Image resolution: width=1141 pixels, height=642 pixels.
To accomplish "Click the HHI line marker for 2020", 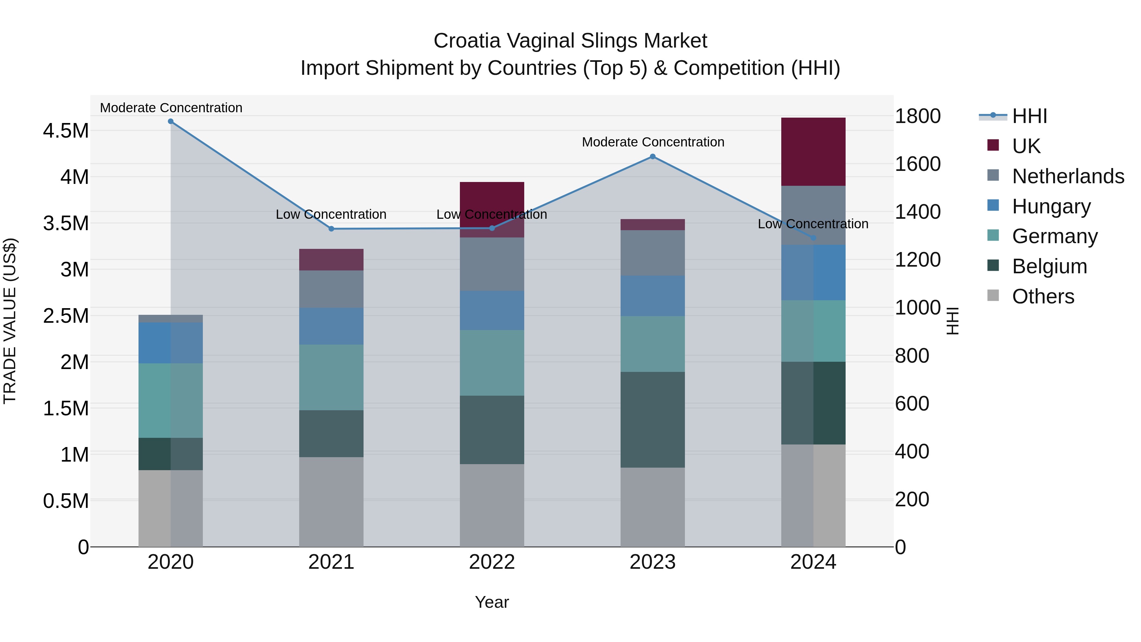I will [171, 121].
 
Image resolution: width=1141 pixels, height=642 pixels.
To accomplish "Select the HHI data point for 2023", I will [653, 156].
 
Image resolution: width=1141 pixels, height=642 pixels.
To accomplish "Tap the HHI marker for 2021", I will [331, 229].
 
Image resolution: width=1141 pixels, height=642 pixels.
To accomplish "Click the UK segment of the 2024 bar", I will [813, 152].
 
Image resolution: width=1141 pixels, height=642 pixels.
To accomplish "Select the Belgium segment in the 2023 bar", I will [653, 419].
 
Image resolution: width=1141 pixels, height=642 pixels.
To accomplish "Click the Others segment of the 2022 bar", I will [492, 505].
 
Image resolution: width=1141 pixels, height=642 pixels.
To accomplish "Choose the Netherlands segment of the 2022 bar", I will [492, 264].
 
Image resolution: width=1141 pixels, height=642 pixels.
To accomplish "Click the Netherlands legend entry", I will [1067, 176].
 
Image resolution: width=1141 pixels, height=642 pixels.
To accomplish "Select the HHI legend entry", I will [1029, 116].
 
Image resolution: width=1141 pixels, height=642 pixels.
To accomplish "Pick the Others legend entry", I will [1043, 296].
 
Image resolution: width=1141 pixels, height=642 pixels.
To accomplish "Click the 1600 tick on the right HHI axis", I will [917, 164].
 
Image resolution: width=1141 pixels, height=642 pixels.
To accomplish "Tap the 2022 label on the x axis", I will [492, 562].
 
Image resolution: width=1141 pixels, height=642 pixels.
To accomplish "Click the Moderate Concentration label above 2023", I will [653, 142].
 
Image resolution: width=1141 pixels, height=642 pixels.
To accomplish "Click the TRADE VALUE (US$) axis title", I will [10, 321].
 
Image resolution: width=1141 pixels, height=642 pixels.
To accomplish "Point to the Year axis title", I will [492, 602].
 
